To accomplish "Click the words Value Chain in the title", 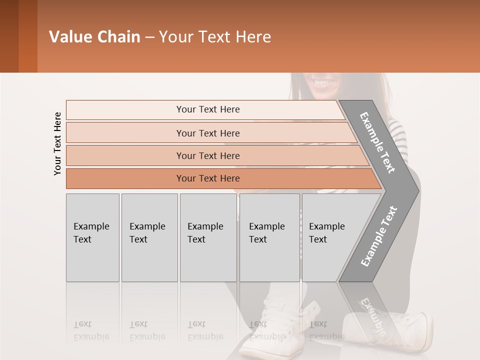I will [x=94, y=37].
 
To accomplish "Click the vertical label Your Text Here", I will [x=57, y=143].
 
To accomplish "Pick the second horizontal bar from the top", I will [x=208, y=133].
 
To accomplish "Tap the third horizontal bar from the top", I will [x=208, y=155].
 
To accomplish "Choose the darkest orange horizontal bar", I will [x=208, y=178].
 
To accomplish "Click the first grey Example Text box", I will [x=92, y=237].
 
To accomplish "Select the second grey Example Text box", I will [x=149, y=237].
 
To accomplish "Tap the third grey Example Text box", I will [x=208, y=237].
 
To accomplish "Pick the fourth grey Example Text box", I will [x=269, y=237].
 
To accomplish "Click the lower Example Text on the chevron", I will [x=379, y=236].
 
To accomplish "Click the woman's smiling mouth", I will [x=323, y=81].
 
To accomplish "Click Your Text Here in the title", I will [x=215, y=37].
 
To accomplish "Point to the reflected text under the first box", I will [x=91, y=330].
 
